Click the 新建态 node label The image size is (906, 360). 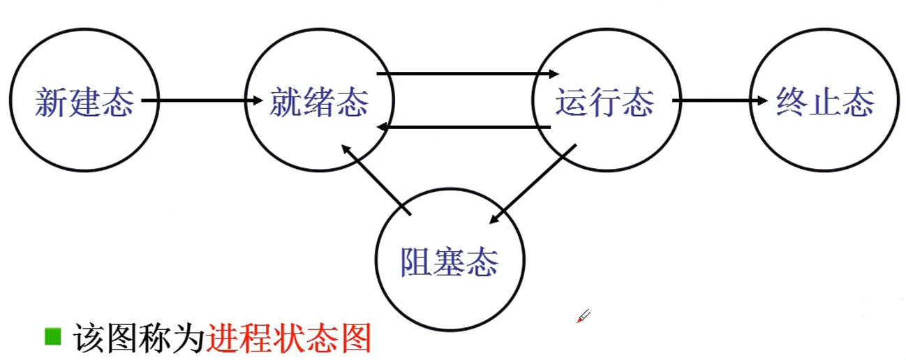(x=84, y=103)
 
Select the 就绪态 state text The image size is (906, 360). (x=319, y=103)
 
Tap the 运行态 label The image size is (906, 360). (x=605, y=103)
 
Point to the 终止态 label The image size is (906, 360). (x=825, y=103)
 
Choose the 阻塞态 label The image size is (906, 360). (x=450, y=263)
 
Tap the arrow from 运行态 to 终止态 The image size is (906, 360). (x=719, y=102)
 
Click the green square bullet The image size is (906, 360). (x=53, y=337)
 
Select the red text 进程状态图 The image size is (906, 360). (x=288, y=339)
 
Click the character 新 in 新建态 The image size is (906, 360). (x=51, y=103)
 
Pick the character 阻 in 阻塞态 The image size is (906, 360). (x=417, y=263)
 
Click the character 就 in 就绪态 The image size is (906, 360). (x=286, y=103)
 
